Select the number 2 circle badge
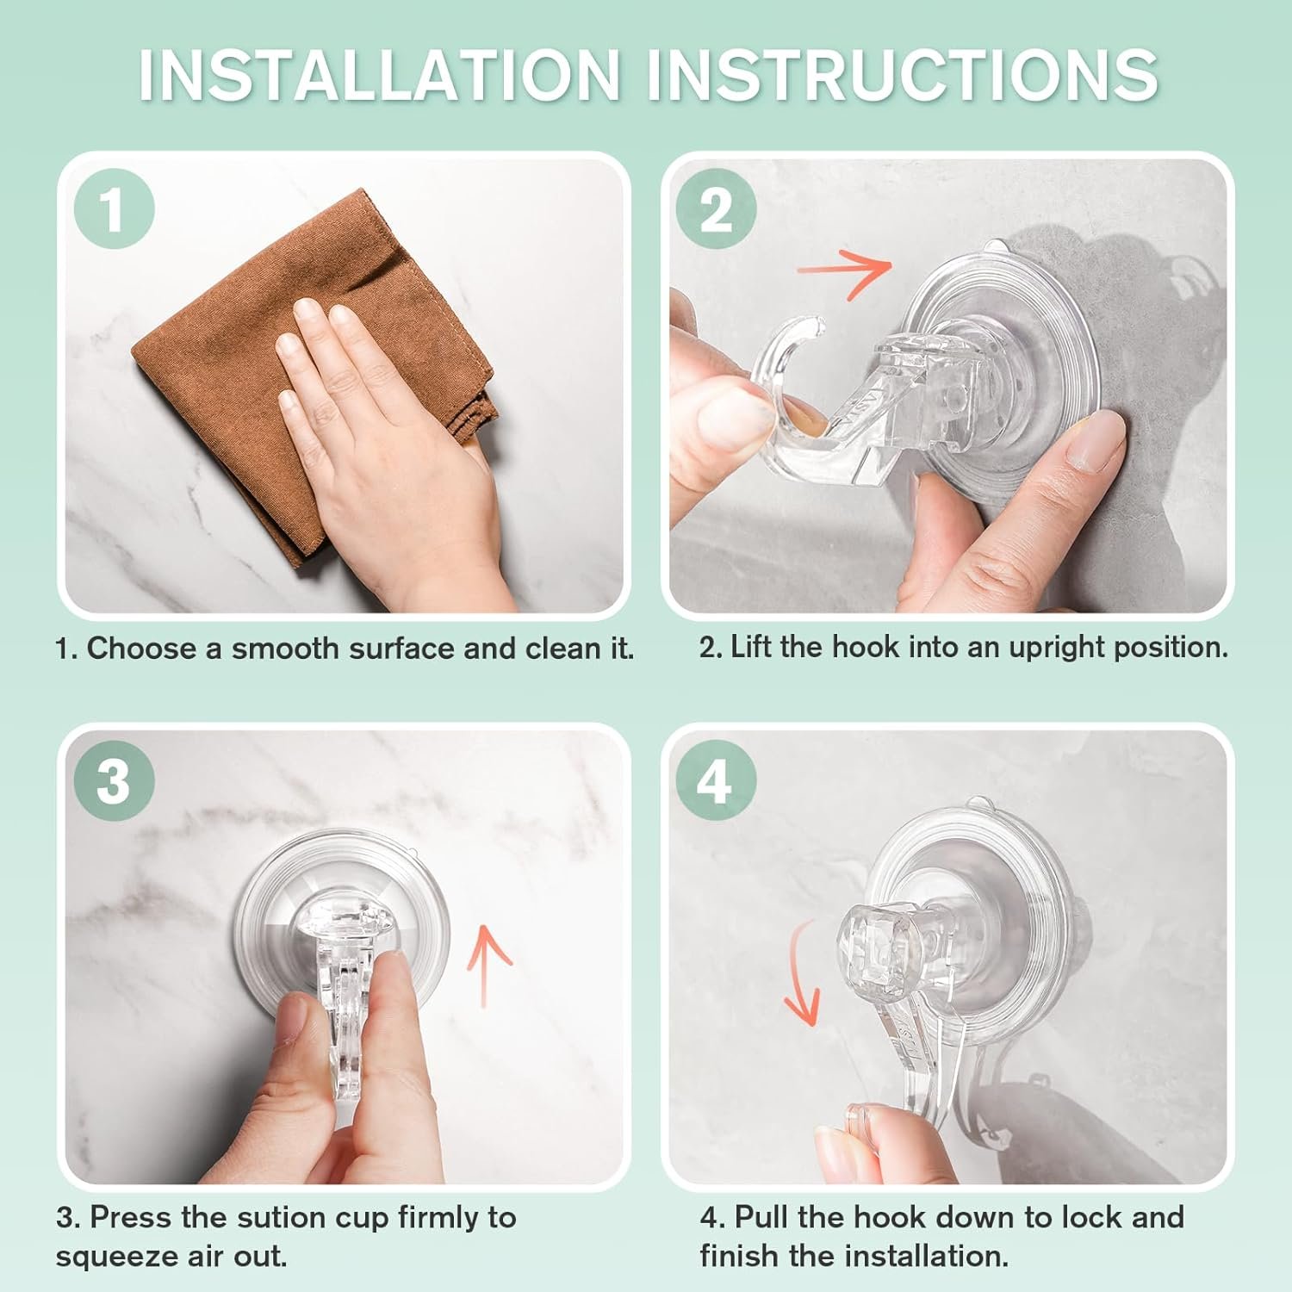pyautogui.click(x=716, y=209)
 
